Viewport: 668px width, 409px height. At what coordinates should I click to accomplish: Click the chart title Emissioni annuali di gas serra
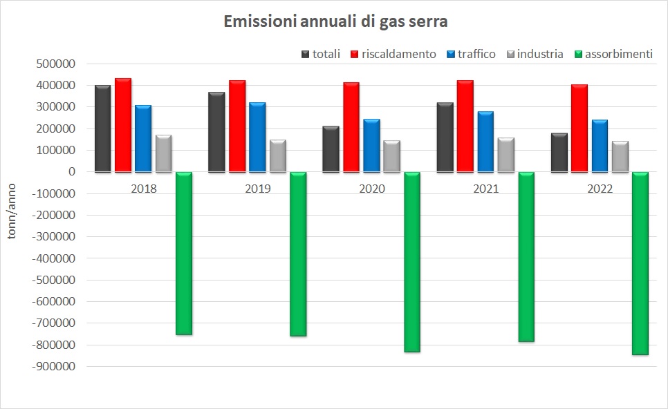[335, 22]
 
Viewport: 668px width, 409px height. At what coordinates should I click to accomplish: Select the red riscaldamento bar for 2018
[123, 125]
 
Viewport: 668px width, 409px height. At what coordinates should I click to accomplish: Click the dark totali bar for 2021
[445, 137]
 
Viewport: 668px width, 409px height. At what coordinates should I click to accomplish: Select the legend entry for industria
[535, 54]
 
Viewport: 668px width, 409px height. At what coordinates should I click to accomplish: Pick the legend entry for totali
[321, 54]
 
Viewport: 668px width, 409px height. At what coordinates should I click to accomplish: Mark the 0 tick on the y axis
[71, 172]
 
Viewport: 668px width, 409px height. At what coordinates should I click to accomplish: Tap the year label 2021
[486, 189]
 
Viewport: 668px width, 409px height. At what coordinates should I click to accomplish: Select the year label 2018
[144, 189]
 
